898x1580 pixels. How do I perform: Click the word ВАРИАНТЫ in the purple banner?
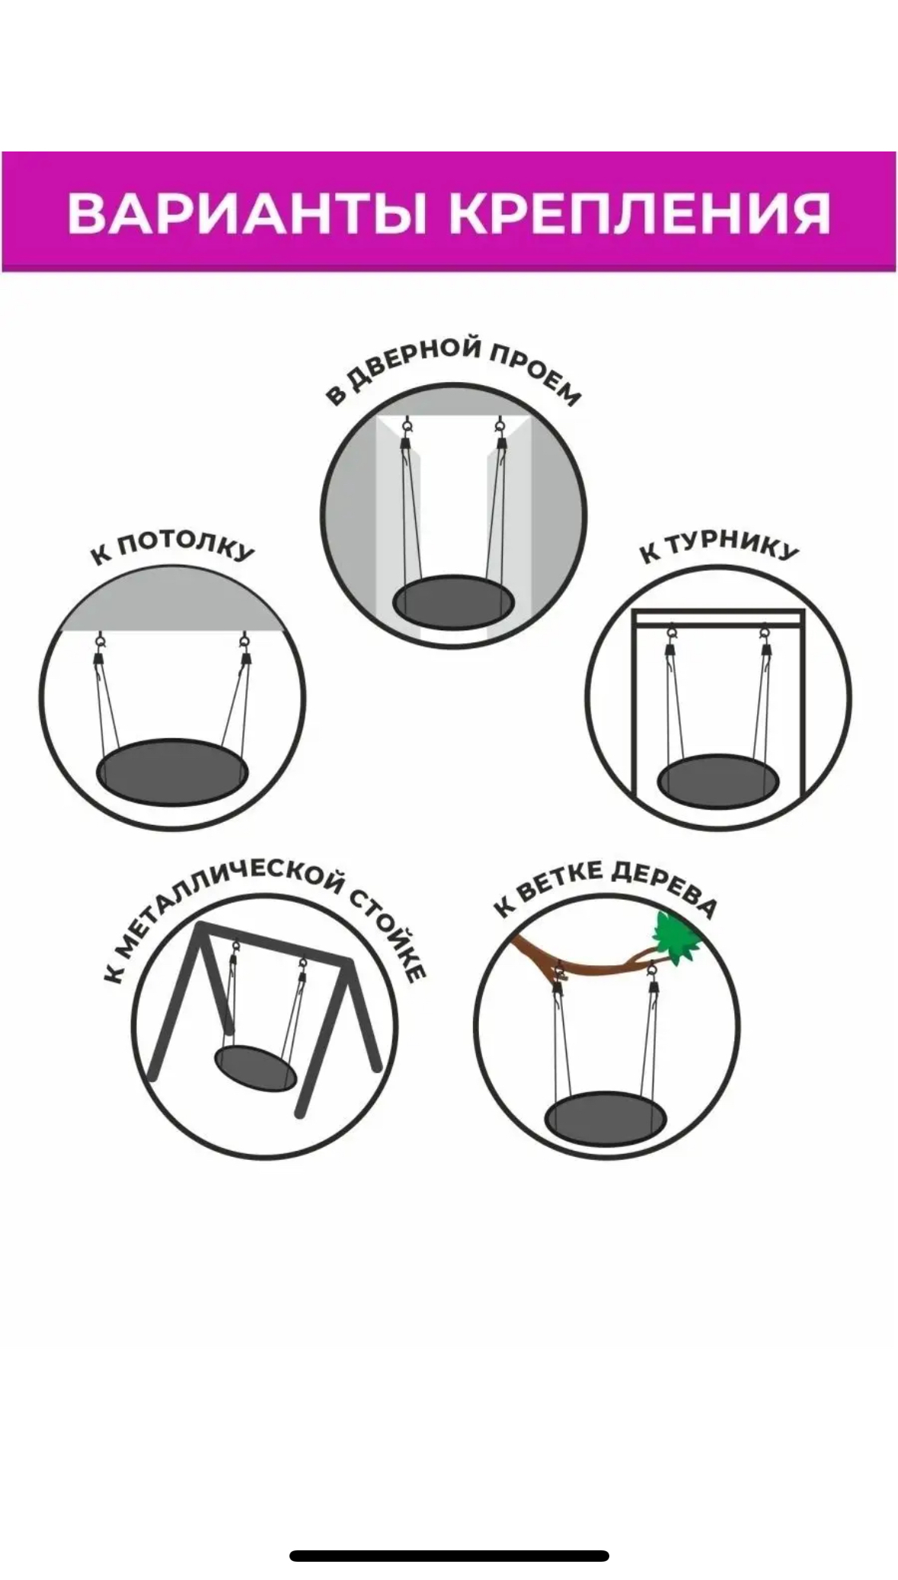(x=247, y=212)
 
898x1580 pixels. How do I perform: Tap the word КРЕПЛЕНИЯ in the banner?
(x=639, y=212)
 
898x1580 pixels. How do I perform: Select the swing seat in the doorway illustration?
(x=453, y=603)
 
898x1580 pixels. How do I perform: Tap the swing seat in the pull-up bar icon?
(x=718, y=782)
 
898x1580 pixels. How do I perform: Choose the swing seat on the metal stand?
(x=256, y=1068)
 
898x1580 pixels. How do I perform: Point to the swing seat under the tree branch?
(x=606, y=1117)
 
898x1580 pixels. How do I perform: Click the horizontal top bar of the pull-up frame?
(x=718, y=617)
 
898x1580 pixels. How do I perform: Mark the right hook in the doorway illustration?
(x=500, y=433)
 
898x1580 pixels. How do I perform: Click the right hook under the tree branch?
(x=653, y=981)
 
